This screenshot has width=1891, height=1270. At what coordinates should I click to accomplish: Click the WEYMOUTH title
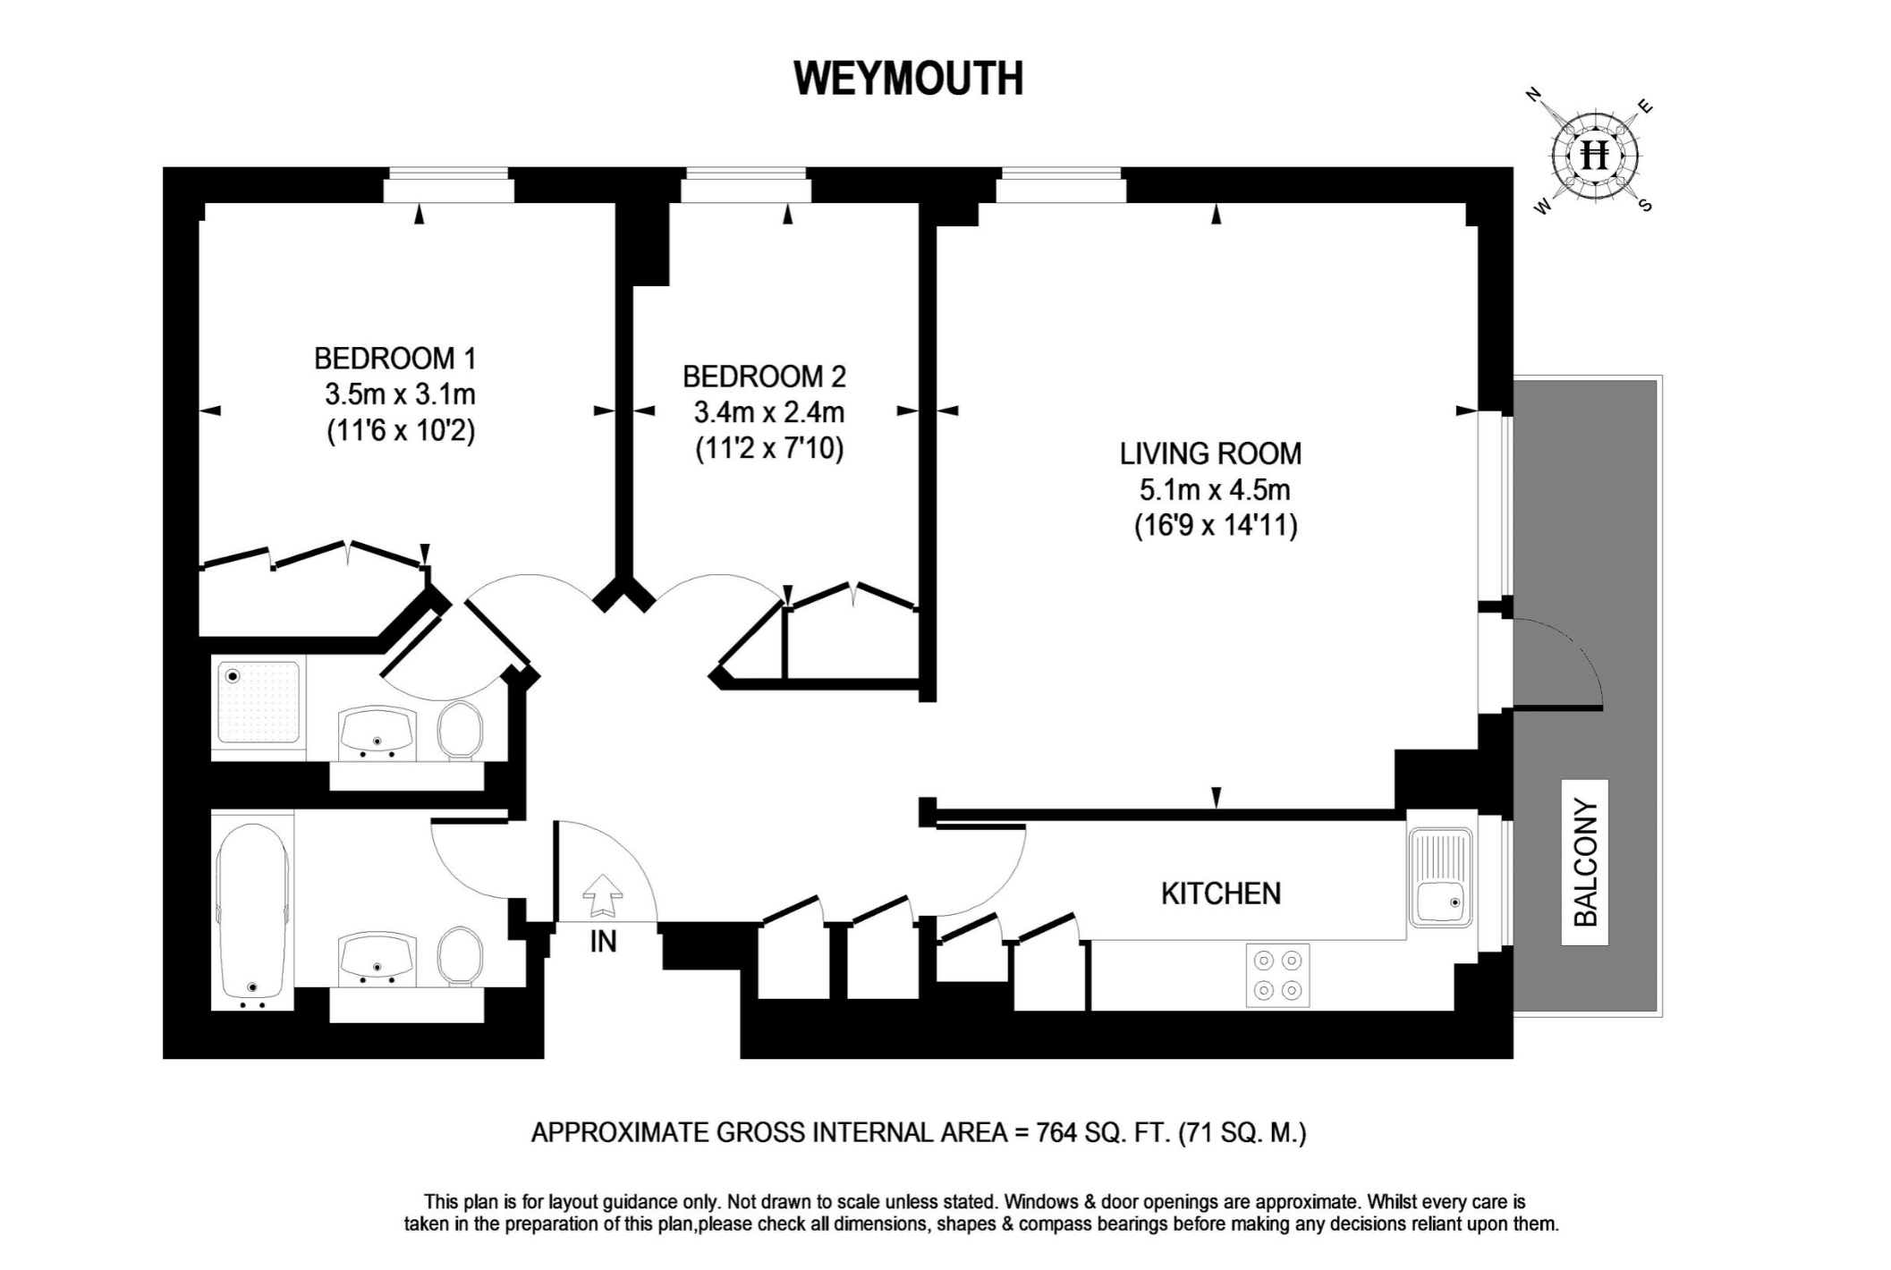point(908,79)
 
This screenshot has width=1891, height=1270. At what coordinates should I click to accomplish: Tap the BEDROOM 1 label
point(394,359)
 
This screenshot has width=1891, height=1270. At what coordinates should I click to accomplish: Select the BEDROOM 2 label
point(764,377)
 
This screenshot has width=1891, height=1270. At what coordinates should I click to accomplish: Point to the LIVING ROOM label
point(1210,453)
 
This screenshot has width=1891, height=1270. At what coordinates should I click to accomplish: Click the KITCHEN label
point(1220,893)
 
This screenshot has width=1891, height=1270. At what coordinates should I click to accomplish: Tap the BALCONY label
point(1584,862)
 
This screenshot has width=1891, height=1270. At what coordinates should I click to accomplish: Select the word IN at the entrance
point(603,942)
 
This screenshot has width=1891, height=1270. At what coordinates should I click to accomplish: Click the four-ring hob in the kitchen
point(1277,975)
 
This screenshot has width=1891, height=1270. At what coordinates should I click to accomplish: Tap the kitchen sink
point(1439,876)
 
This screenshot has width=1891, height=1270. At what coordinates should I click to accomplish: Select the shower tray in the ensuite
point(259,702)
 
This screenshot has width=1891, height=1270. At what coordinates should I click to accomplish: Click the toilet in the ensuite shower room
point(460,728)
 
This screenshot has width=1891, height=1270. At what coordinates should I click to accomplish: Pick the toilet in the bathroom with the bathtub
point(460,955)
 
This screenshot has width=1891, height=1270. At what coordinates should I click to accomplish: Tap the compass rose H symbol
point(1594,156)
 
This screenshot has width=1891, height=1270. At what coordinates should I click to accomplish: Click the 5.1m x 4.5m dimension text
point(1214,490)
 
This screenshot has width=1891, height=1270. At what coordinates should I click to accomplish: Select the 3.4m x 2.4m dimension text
point(768,412)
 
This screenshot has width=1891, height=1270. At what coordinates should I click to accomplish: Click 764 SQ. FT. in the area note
point(1102,1133)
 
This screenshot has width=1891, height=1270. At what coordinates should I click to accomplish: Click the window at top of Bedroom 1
point(449,189)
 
